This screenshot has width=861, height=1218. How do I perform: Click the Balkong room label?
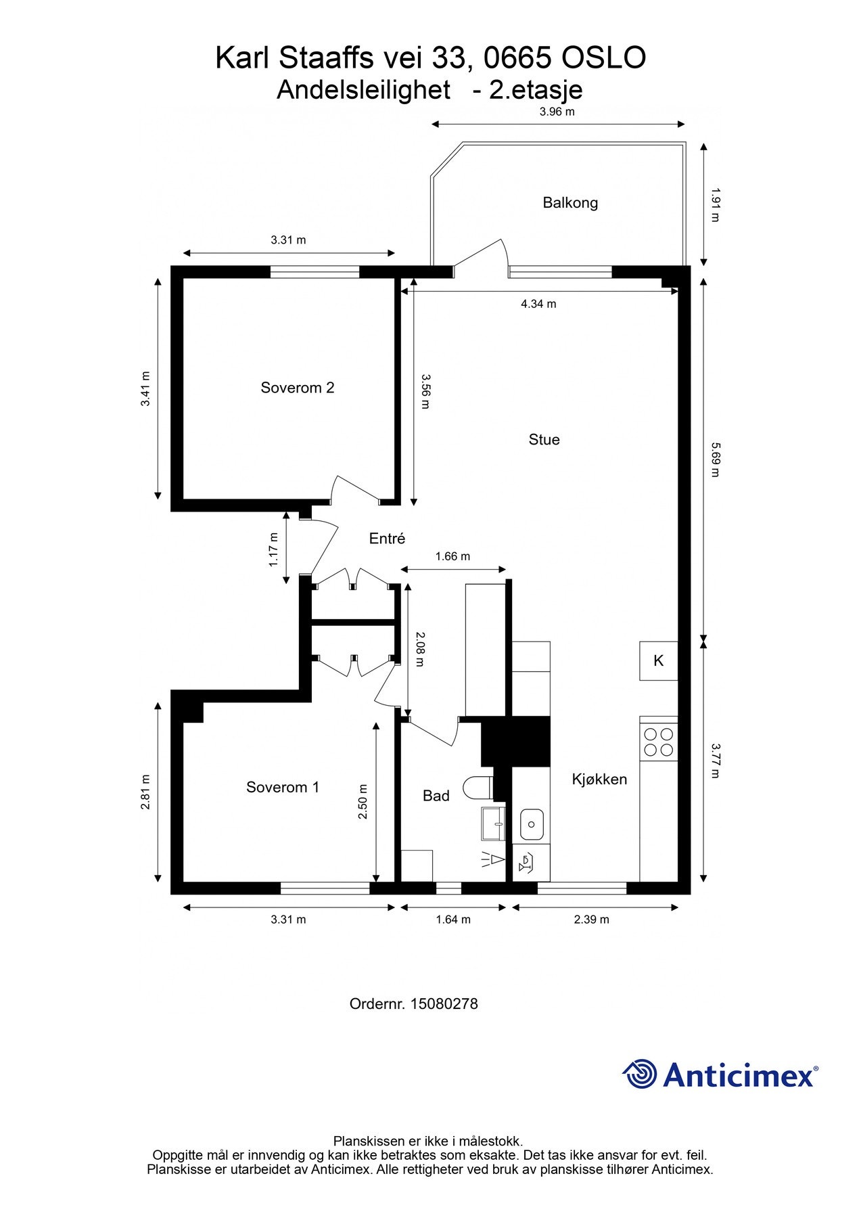[x=570, y=202]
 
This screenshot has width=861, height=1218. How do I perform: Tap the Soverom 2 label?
[x=298, y=388]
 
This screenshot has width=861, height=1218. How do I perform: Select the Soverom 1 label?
[x=283, y=787]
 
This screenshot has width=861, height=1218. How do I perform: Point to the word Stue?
[x=544, y=440]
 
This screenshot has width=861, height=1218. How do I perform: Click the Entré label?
[x=387, y=539]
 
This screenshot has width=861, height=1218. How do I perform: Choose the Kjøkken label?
[x=599, y=780]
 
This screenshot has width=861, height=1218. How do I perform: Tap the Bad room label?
[x=436, y=796]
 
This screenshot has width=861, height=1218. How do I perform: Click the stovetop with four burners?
[x=659, y=741]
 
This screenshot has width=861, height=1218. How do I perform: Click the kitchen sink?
[x=532, y=824]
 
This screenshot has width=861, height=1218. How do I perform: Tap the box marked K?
[x=659, y=660]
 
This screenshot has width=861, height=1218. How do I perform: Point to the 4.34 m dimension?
[x=538, y=304]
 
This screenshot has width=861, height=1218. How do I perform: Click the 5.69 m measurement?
[x=715, y=459]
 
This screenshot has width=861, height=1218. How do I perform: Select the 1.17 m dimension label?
[x=274, y=549]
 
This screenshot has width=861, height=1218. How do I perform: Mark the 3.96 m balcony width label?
[x=557, y=112]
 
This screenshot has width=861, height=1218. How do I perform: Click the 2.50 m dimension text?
[x=363, y=802]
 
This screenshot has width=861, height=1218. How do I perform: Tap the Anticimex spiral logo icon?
[x=640, y=1074]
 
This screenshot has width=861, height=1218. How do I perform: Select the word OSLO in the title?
[x=604, y=58]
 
